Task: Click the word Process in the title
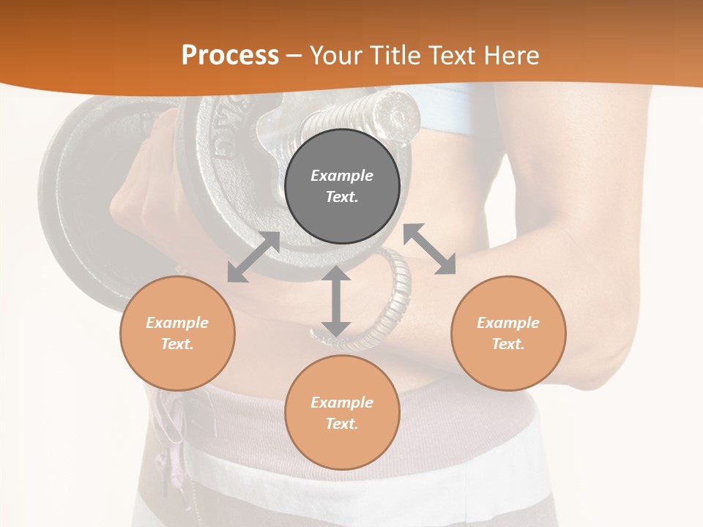pyautogui.click(x=230, y=56)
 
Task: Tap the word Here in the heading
pyautogui.click(x=512, y=56)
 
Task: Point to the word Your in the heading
pyautogui.click(x=336, y=56)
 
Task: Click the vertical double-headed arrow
pyautogui.click(x=336, y=302)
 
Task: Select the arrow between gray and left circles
pyautogui.click(x=253, y=257)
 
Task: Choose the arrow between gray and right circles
pyautogui.click(x=429, y=250)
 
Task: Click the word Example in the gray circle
pyautogui.click(x=342, y=176)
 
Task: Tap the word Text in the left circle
pyautogui.click(x=177, y=344)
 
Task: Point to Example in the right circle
pyautogui.click(x=508, y=323)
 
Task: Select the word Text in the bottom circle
pyautogui.click(x=342, y=424)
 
